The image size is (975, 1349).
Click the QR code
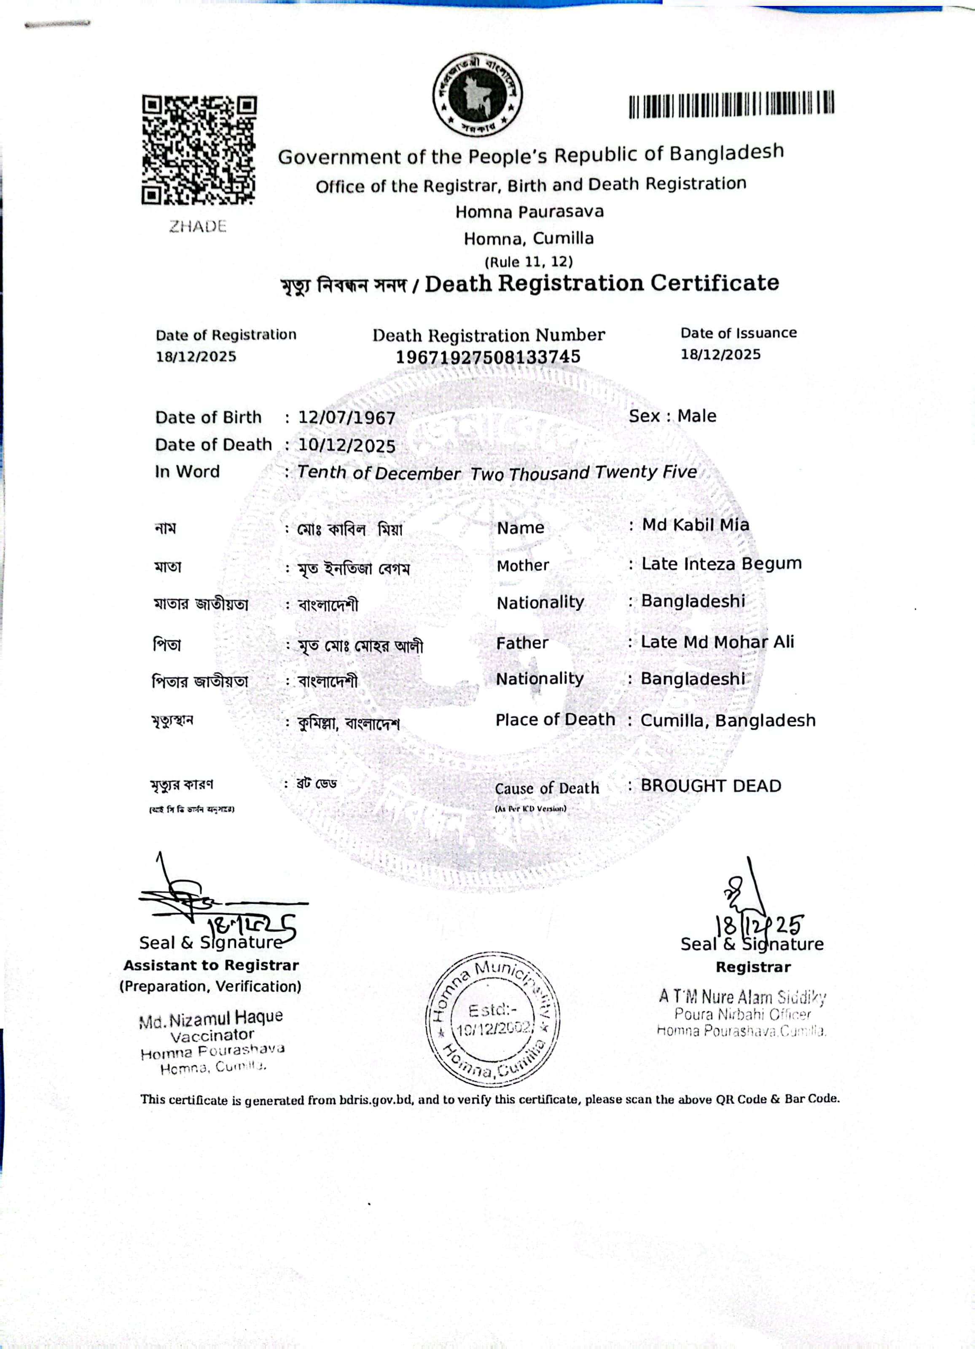199,150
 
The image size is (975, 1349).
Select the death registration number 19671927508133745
488,357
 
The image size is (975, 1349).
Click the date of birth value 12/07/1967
347,418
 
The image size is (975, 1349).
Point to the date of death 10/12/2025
347,446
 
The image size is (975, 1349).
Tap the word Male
697,416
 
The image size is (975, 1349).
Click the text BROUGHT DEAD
710,786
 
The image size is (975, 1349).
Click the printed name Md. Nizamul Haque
211,1019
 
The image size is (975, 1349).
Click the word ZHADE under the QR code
198,227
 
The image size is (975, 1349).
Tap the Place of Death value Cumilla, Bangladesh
728,720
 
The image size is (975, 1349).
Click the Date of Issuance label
738,333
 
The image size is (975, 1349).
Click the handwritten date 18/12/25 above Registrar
760,925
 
